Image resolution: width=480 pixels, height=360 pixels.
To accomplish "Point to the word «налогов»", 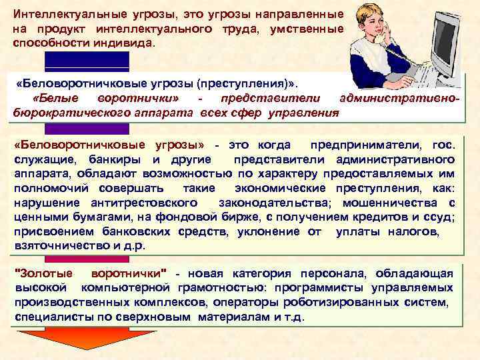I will coord(416,231).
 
